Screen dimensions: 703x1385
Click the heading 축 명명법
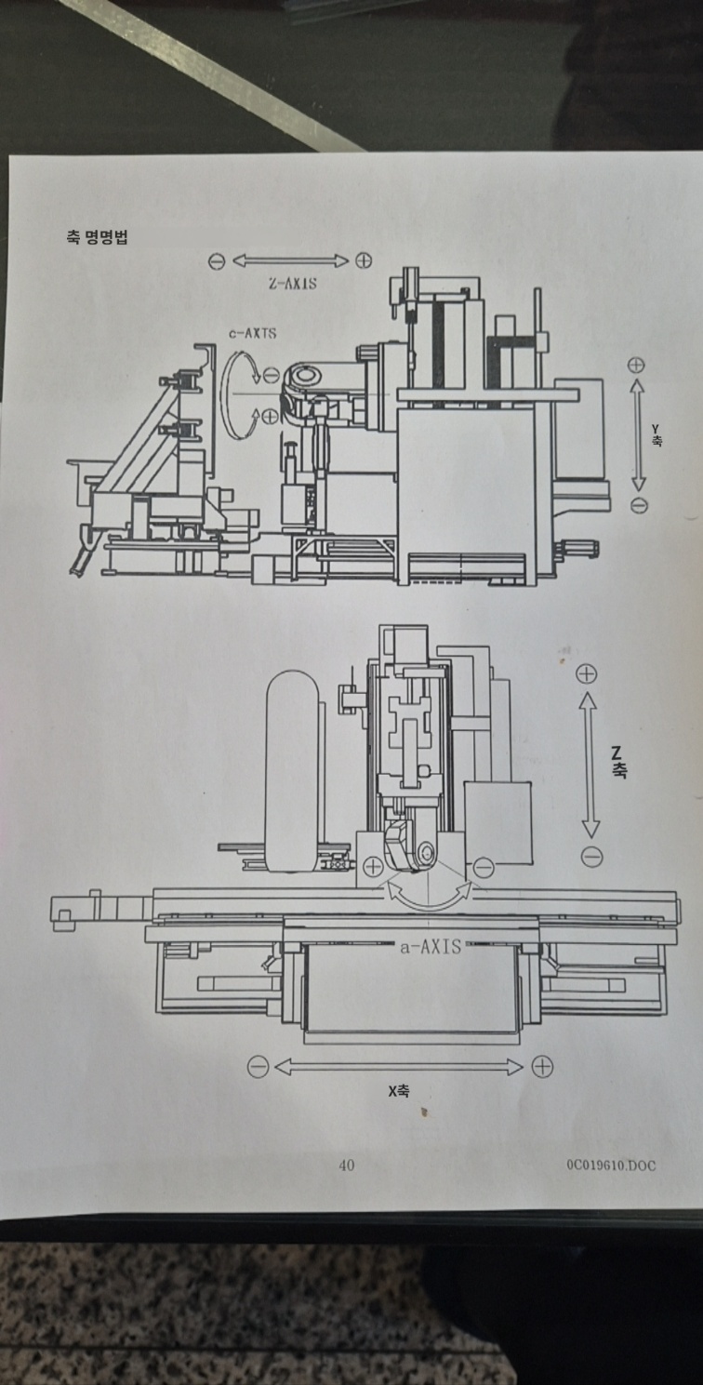97,237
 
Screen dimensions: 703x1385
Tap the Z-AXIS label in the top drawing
293,283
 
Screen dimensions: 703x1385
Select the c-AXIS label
252,333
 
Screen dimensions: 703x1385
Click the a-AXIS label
431,947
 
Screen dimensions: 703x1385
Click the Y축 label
656,435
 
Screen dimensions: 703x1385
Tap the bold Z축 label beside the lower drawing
617,761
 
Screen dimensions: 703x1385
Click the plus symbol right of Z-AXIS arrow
364,260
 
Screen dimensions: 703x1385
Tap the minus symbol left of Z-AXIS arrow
217,261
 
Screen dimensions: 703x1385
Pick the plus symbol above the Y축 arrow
636,365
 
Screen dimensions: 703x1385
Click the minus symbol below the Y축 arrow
639,505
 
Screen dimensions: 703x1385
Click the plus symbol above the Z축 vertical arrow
586,674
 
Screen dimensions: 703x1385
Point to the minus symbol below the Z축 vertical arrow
591,857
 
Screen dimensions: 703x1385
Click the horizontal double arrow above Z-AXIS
290,261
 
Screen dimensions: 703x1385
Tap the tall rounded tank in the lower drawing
292,772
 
